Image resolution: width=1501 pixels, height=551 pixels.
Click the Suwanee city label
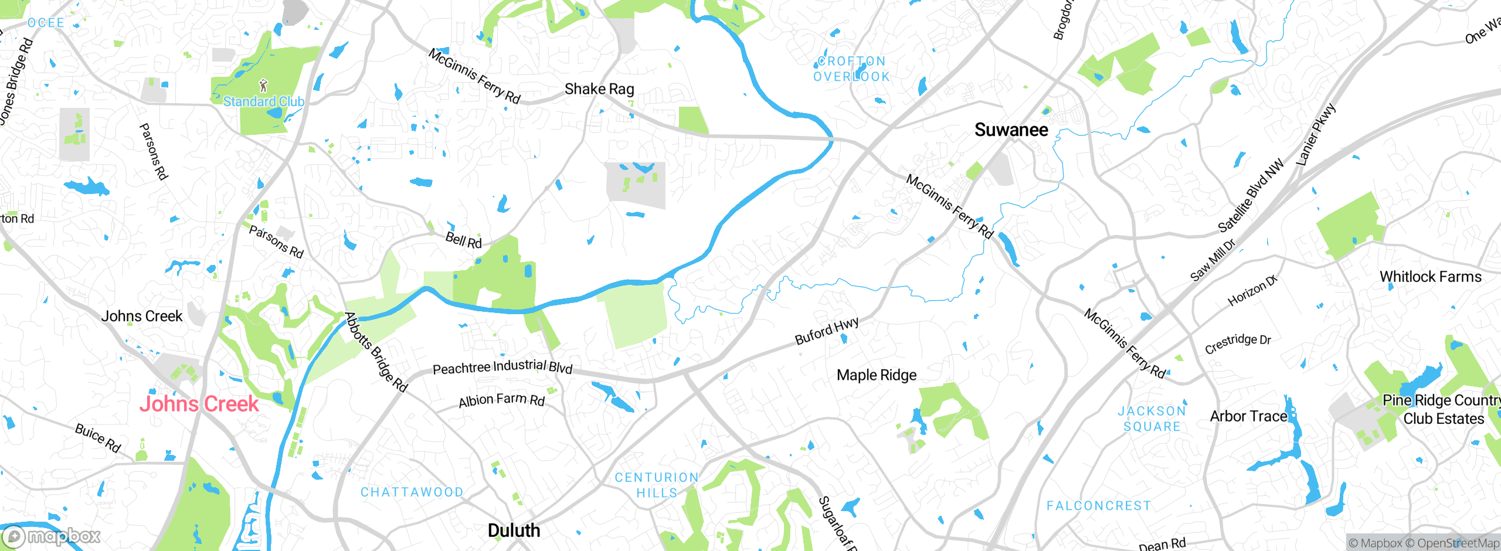click(1011, 130)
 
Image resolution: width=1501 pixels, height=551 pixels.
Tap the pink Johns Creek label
click(199, 403)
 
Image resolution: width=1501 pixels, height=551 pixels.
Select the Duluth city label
click(514, 530)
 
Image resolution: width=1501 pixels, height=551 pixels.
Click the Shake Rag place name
click(599, 89)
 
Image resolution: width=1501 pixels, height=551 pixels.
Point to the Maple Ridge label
click(876, 375)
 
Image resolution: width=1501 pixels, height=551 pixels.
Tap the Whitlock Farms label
click(1430, 277)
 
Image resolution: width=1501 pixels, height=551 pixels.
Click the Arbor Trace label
click(1248, 416)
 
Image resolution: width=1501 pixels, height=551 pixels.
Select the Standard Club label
click(263, 101)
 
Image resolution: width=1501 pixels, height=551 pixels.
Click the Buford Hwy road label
click(827, 331)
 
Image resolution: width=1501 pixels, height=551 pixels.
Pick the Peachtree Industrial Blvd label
click(502, 367)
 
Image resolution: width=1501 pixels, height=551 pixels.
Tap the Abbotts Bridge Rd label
click(376, 352)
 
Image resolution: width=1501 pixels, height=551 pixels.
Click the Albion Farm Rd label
click(501, 400)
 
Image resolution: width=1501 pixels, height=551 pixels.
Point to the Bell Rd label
click(463, 240)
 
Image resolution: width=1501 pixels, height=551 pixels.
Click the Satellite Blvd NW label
click(1250, 196)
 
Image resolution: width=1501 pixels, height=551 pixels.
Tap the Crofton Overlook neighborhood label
click(851, 69)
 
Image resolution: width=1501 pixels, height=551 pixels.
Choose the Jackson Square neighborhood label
click(1152, 419)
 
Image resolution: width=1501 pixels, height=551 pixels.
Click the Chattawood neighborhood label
click(412, 492)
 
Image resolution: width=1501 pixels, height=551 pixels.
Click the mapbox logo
click(52, 536)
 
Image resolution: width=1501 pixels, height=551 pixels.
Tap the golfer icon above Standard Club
click(263, 86)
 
